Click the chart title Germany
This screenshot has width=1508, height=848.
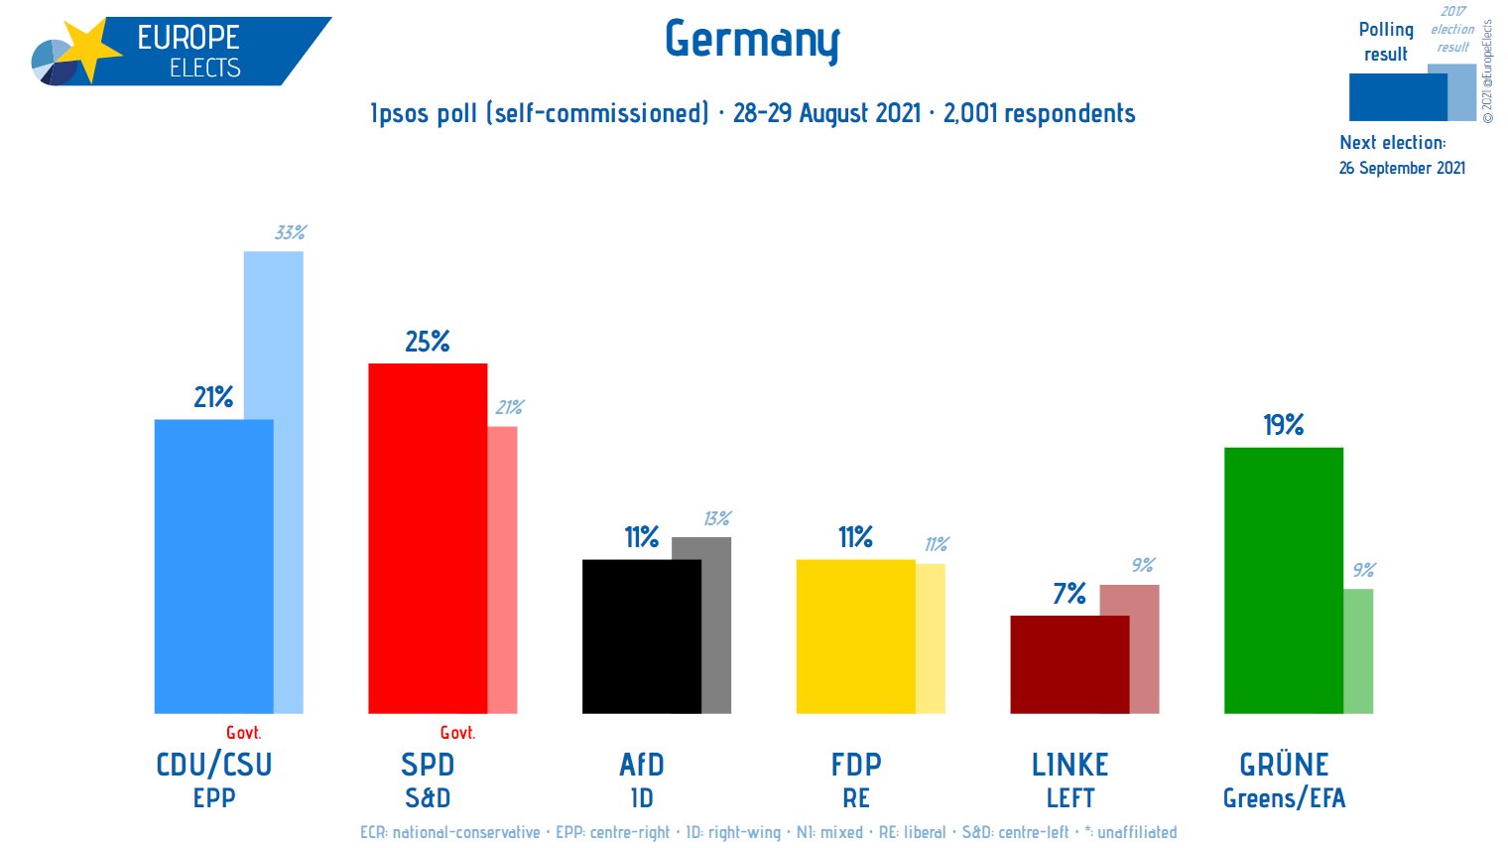click(752, 41)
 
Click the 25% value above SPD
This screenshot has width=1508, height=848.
click(428, 343)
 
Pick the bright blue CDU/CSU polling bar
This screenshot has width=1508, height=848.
click(213, 566)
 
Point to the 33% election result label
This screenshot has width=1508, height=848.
click(290, 233)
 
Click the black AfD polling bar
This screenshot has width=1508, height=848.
click(641, 636)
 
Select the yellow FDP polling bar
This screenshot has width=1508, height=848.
click(855, 636)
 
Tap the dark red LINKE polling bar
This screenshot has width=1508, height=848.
click(1069, 664)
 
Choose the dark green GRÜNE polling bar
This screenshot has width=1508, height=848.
click(1283, 580)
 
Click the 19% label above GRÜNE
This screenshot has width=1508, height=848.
click(1283, 426)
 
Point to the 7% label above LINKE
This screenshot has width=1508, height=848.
click(1069, 595)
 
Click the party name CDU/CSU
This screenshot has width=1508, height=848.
click(214, 765)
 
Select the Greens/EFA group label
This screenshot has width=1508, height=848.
click(1284, 798)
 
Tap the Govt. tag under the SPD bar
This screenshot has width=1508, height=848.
click(457, 733)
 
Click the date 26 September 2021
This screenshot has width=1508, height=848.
click(1402, 168)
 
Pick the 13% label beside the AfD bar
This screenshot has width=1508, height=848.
click(716, 519)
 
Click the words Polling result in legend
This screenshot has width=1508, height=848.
click(1386, 42)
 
